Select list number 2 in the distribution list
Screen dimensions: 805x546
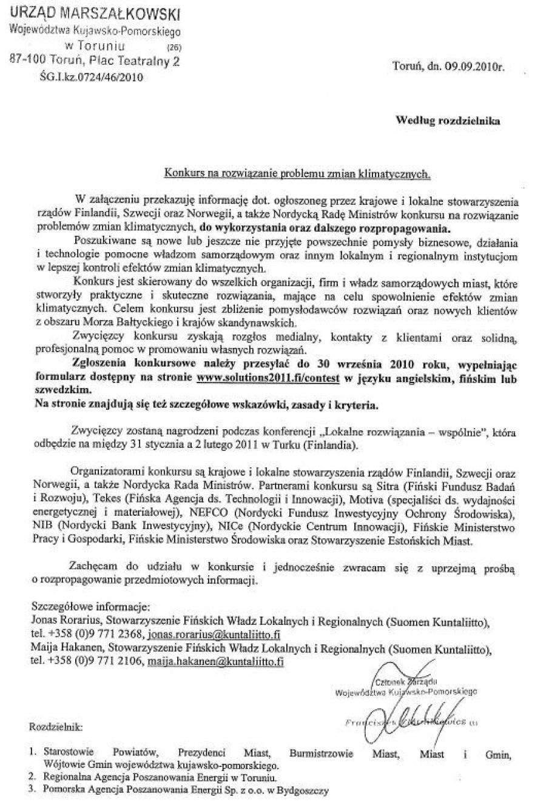pos(32,777)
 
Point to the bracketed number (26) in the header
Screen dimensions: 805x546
pos(173,47)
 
